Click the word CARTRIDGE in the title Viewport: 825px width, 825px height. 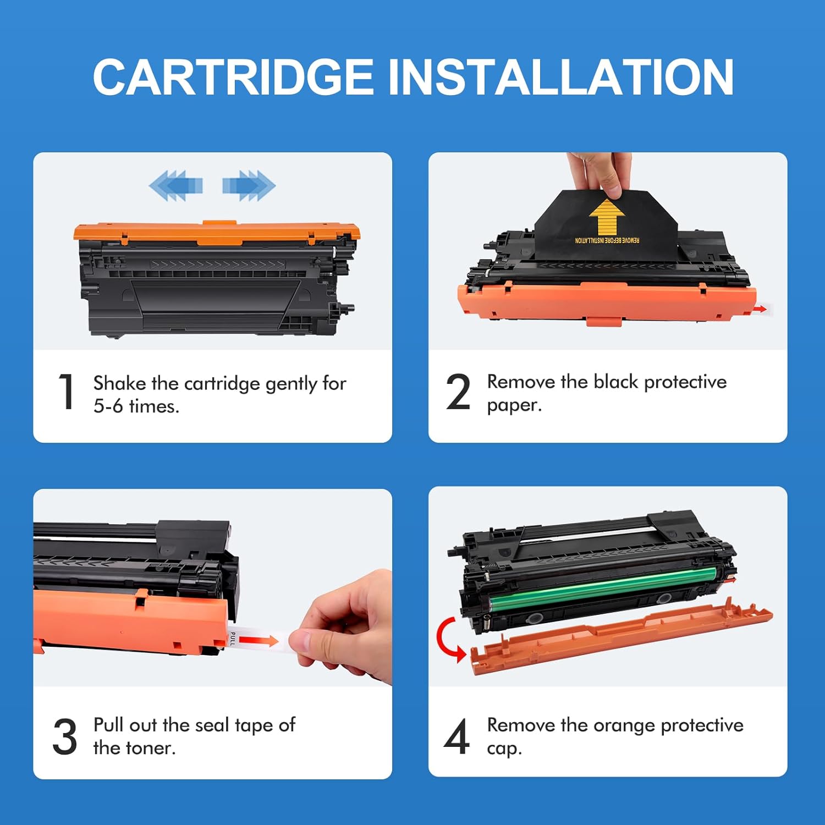233,77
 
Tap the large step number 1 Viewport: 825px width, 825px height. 67,392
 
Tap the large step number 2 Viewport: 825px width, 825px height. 458,392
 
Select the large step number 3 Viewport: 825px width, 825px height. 65,736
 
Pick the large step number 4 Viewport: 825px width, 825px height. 457,736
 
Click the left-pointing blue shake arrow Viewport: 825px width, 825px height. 176,185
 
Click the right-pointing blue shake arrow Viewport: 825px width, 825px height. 249,185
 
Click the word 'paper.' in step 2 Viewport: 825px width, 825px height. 514,405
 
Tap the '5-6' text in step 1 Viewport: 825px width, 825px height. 108,406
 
